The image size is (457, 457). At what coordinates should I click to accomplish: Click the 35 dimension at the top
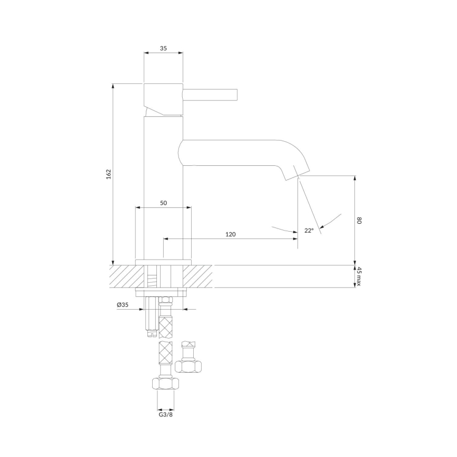click(163, 48)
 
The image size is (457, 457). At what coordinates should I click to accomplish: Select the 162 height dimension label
click(108, 174)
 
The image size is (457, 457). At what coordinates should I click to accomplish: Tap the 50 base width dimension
click(163, 203)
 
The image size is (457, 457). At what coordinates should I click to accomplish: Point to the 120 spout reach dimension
click(230, 234)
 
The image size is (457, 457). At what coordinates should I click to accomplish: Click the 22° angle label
click(309, 230)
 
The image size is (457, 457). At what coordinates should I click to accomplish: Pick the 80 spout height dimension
click(359, 221)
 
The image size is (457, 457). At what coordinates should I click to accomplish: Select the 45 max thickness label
click(360, 277)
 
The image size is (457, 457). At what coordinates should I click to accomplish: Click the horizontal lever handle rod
click(211, 94)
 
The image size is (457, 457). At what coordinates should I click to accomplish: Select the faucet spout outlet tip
click(297, 175)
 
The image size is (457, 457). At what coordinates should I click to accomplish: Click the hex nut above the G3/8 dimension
click(166, 383)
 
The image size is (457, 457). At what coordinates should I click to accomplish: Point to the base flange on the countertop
click(163, 262)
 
